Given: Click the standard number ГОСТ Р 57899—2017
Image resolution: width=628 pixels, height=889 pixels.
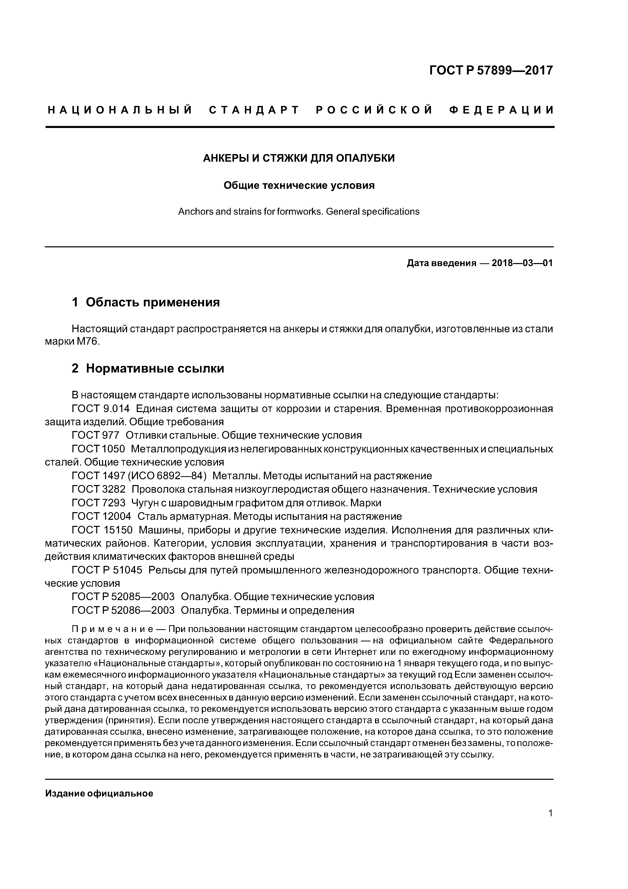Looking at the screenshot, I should pos(491,70).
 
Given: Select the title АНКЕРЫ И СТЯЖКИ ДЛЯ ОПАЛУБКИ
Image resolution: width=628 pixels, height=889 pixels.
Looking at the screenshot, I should pos(299,158).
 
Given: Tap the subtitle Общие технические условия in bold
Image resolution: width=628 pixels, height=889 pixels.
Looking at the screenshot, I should pos(299,186).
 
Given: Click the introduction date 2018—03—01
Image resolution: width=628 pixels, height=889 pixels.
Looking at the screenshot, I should pos(522,263).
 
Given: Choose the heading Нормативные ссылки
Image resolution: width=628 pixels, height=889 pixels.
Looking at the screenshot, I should pos(155,368).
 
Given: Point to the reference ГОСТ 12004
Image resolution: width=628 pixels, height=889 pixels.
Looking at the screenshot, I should pos(101,516).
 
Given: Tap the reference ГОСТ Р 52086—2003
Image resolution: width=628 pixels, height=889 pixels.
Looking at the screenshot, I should pos(123,610).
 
